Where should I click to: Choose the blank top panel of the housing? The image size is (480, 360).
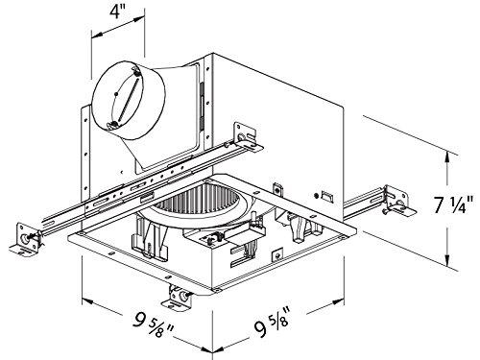[278, 72]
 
